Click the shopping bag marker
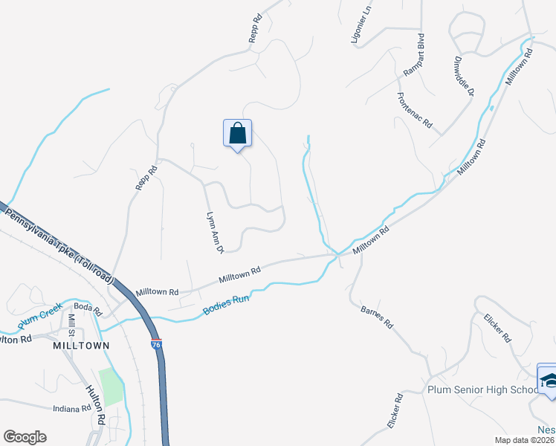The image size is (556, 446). click(x=237, y=134)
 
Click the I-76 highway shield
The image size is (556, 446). click(x=155, y=344)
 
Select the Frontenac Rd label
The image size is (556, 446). click(x=415, y=110)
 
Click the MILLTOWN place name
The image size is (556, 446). click(x=81, y=346)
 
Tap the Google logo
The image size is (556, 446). click(x=25, y=437)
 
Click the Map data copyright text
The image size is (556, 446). click(x=525, y=440)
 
